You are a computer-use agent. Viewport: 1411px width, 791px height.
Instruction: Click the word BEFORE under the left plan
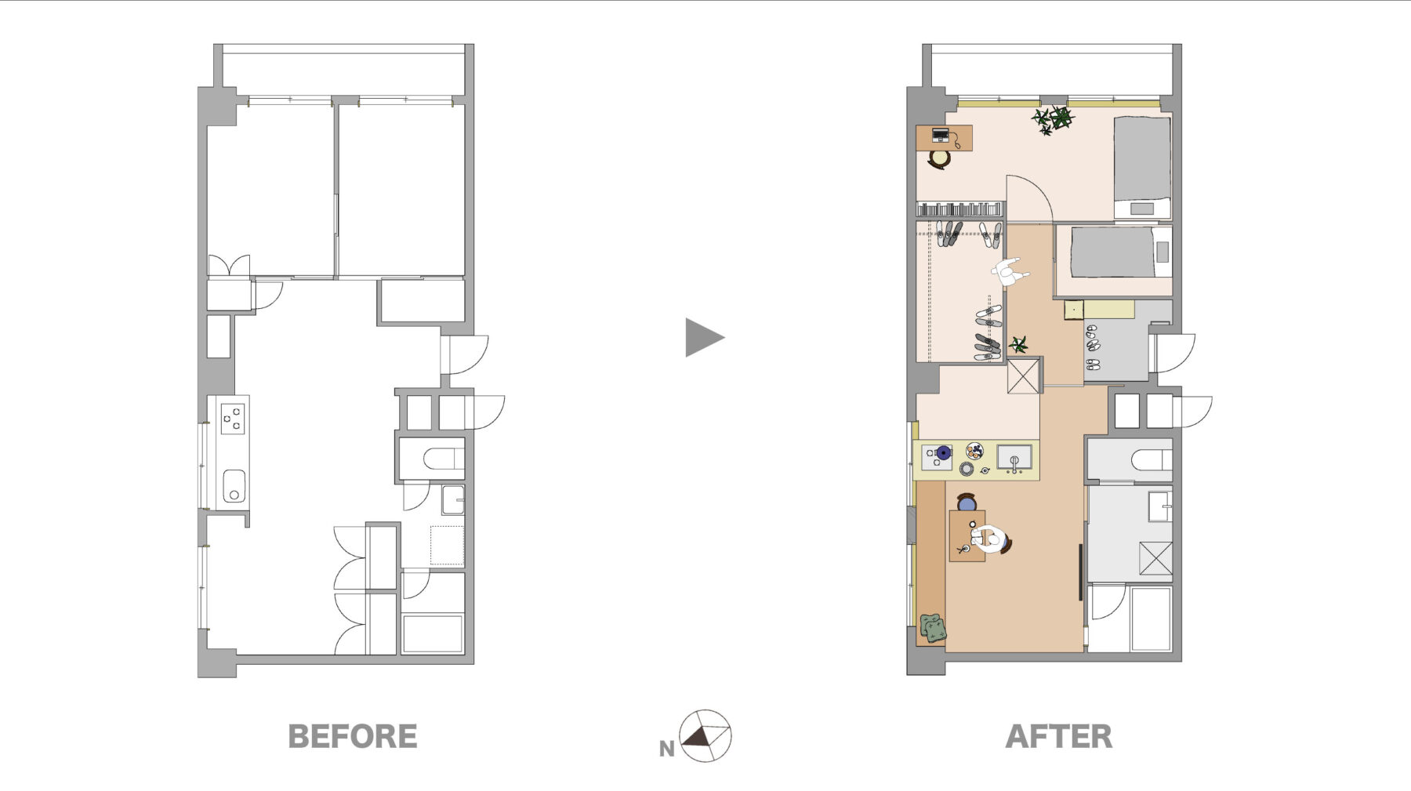tap(353, 737)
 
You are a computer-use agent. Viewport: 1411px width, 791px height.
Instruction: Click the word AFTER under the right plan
tap(1059, 737)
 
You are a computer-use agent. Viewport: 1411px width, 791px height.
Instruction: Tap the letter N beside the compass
tap(666, 749)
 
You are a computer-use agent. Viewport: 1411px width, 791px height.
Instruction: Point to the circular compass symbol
tap(705, 736)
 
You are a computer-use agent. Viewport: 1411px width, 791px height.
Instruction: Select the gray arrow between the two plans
tap(704, 338)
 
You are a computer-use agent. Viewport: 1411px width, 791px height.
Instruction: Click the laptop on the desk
tap(941, 136)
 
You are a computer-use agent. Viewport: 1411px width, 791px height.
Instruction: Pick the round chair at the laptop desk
tap(938, 159)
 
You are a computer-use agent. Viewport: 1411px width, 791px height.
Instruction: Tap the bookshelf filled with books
tap(959, 209)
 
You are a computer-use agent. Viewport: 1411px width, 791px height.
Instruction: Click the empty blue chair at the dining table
tap(967, 503)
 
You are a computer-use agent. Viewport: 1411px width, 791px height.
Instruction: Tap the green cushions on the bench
tap(933, 629)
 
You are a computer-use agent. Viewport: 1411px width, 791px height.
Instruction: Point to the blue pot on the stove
tap(944, 452)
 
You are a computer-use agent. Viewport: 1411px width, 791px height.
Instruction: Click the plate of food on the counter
tap(974, 451)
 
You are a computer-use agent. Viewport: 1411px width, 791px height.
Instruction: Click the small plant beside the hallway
tap(1018, 344)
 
